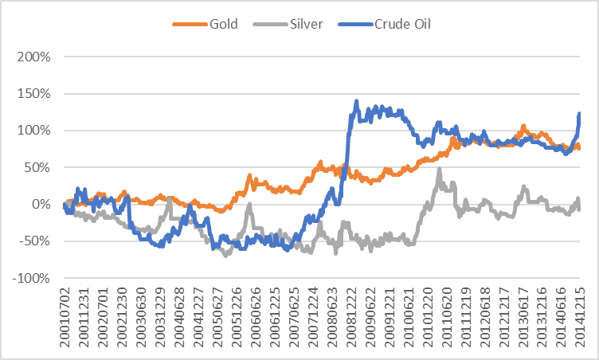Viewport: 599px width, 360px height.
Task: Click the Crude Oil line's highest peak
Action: click(x=356, y=101)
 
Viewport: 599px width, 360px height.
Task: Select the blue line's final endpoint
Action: click(x=579, y=113)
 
